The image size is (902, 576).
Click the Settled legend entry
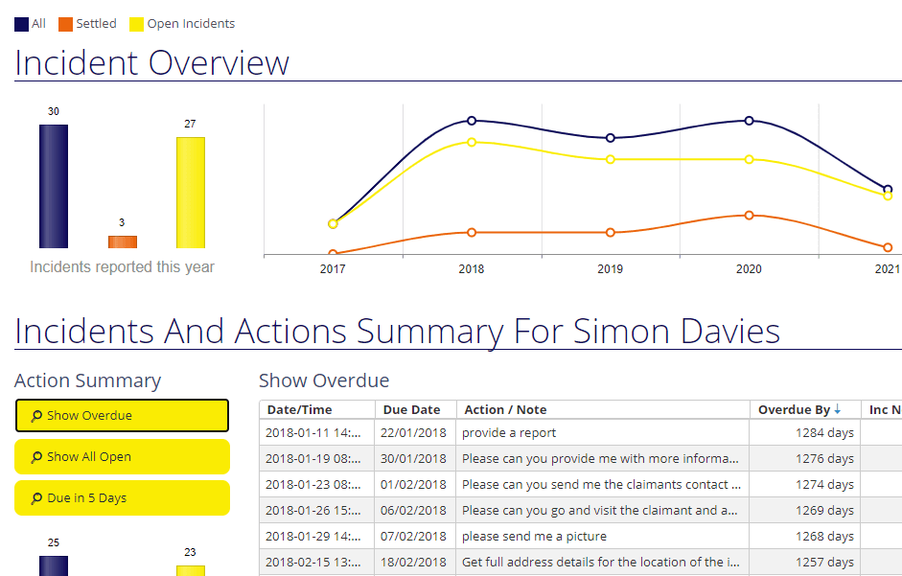point(87,24)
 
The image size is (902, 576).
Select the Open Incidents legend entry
point(182,24)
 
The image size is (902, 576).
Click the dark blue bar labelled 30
point(54,186)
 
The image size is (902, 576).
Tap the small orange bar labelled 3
point(123,242)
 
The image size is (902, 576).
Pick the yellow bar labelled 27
point(190,193)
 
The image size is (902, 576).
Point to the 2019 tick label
point(610,269)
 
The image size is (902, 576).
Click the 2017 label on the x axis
point(333,269)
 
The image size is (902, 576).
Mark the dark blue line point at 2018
point(472,121)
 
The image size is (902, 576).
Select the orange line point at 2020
point(749,216)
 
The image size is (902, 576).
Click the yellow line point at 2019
point(611,159)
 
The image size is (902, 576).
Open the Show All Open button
point(122,457)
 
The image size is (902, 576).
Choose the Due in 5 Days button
point(122,498)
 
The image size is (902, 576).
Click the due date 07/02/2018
point(413,537)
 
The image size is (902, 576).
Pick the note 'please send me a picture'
point(534,537)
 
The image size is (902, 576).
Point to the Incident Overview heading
point(151,63)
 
